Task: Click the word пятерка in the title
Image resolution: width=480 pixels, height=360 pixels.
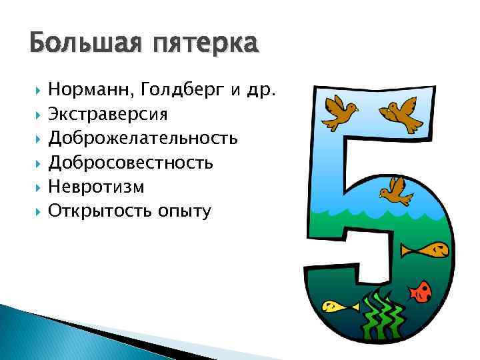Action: click(205, 45)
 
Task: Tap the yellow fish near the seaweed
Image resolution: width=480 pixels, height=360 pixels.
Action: click(337, 307)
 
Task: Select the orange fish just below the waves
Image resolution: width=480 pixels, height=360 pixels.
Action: click(423, 249)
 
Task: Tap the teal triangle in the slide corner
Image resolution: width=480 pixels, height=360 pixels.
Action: click(27, 333)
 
